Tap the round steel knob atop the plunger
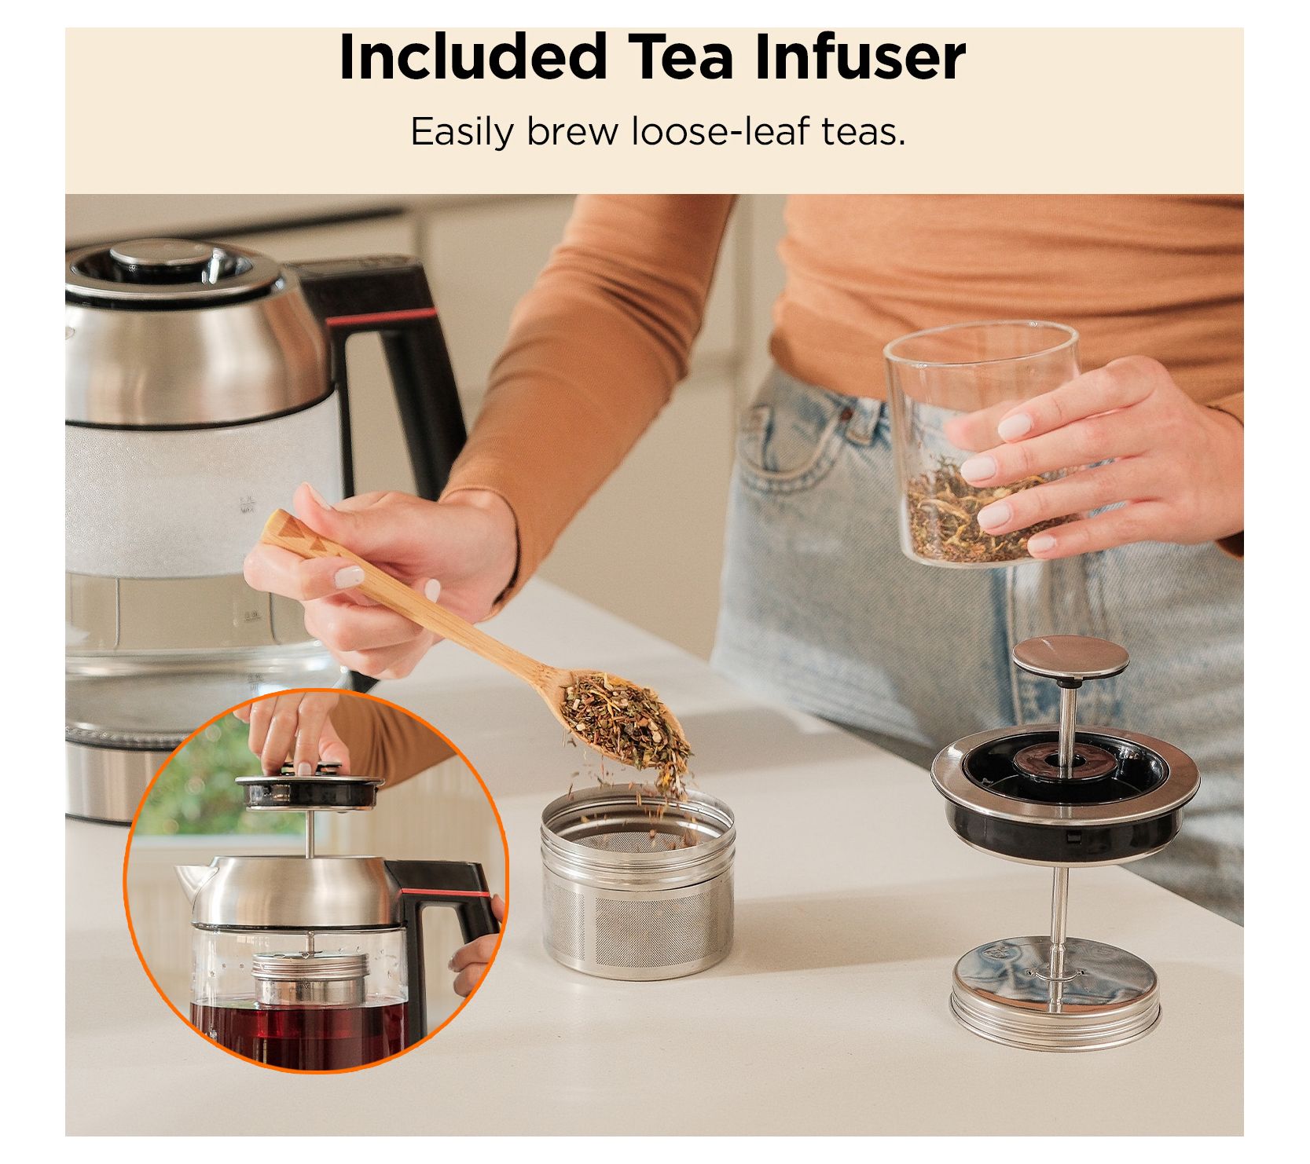click(x=1071, y=658)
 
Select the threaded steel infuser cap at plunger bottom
click(x=1057, y=997)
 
